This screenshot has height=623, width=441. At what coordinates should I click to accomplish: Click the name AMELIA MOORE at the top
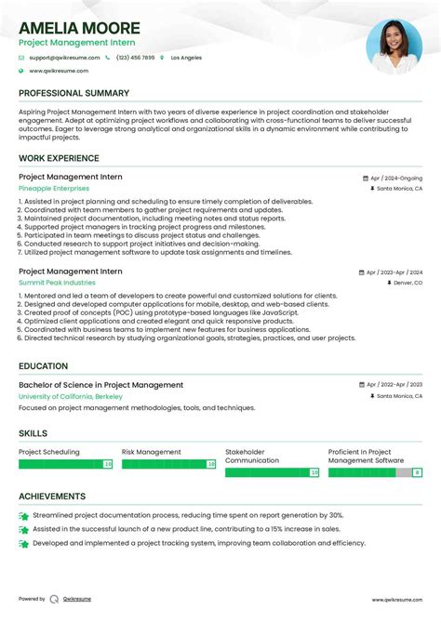point(79,28)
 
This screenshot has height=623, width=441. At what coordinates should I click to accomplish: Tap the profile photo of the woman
point(394,47)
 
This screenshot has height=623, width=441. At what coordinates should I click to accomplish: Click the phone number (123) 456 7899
point(135,58)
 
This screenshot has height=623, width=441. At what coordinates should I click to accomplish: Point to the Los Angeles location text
point(186,58)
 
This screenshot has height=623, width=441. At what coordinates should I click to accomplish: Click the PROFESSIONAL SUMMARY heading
point(73,93)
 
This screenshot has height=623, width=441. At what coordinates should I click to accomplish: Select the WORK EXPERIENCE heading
point(60,158)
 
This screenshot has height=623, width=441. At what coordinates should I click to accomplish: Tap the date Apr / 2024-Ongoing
point(395,178)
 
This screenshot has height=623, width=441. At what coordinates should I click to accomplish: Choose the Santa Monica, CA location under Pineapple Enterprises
point(399,188)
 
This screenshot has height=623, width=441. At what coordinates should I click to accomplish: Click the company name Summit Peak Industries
point(57,282)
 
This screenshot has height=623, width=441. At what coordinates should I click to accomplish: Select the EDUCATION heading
point(43,366)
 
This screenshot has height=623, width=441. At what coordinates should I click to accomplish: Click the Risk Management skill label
point(152,452)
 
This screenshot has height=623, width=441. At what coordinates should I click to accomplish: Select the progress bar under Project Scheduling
point(65,463)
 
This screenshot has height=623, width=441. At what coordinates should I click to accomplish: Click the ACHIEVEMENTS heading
point(52,497)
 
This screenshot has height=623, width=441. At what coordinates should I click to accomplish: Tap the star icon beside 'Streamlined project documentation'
point(23,515)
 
